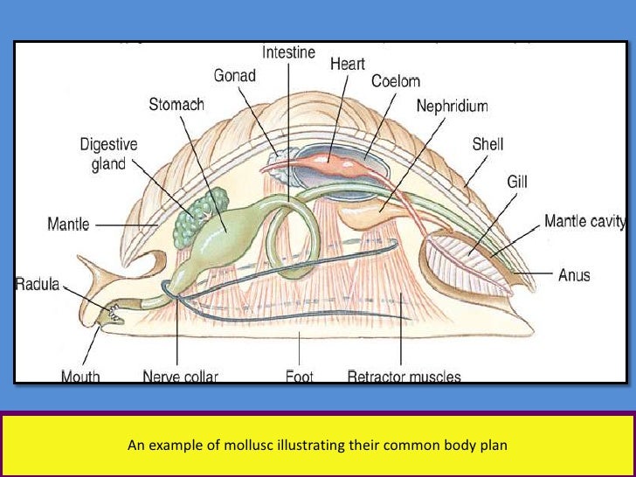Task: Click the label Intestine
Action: point(289,52)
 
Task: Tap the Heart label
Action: point(346,64)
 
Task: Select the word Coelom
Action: point(395,81)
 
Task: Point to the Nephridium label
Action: point(452,106)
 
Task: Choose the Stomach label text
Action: point(176,105)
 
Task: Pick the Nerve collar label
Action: point(180,377)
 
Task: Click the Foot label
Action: point(298,377)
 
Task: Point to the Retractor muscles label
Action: point(404,377)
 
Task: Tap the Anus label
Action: point(574,275)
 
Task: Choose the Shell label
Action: point(487,144)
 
